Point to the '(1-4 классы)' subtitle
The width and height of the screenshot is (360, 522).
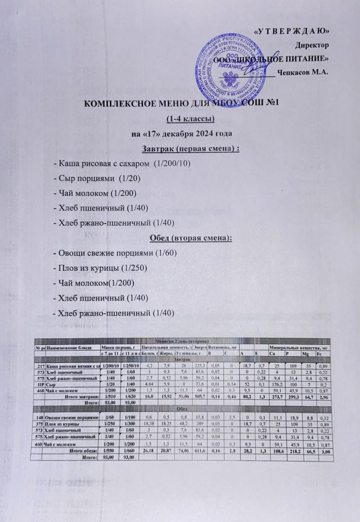point(179,119)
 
